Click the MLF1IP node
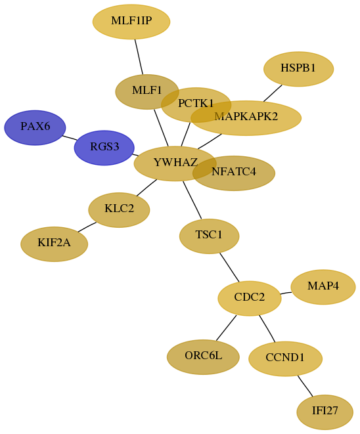[x=131, y=22]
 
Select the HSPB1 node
[x=298, y=69]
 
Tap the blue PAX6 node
[x=35, y=127]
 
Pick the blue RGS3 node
[x=104, y=148]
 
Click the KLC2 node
[x=119, y=210]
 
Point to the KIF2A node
[x=55, y=244]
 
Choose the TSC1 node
[x=209, y=236]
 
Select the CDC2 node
[x=250, y=298]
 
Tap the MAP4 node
[x=323, y=287]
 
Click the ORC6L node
[x=203, y=357]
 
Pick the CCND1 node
[x=286, y=358]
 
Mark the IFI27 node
[x=325, y=412]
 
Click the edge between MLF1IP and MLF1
[x=139, y=56]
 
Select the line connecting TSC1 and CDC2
[x=229, y=267]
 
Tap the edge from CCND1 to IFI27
[x=305, y=386]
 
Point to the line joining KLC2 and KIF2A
[x=87, y=227]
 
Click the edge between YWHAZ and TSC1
[x=192, y=200]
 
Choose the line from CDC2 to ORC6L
[x=226, y=328]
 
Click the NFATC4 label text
[x=234, y=172]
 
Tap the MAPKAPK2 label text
[x=246, y=116]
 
